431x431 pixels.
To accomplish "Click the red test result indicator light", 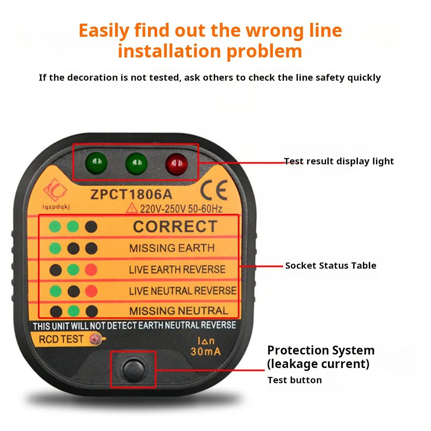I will [176, 162].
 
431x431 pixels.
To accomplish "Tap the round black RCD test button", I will [133, 369].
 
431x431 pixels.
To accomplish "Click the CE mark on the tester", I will [214, 190].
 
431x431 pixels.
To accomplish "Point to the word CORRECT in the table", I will [175, 227].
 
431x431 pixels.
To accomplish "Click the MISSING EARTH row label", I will [172, 248].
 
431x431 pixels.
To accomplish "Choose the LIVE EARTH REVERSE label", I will [177, 270].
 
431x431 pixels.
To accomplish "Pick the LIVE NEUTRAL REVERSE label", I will [183, 291].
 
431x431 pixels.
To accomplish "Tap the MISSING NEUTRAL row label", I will [178, 311].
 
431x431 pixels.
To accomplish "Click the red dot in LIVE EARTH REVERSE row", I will [91, 270].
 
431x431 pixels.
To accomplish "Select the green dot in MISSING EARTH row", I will [55, 248].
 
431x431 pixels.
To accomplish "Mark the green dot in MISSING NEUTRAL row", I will [74, 311].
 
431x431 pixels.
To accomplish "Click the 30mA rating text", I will [206, 351].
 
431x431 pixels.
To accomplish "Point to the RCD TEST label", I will [61, 339].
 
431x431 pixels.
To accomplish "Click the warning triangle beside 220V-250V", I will [133, 208].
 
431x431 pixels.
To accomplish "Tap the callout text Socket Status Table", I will [330, 266].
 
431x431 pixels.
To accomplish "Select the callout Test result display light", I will [339, 161].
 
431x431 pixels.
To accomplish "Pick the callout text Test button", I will [295, 380].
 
